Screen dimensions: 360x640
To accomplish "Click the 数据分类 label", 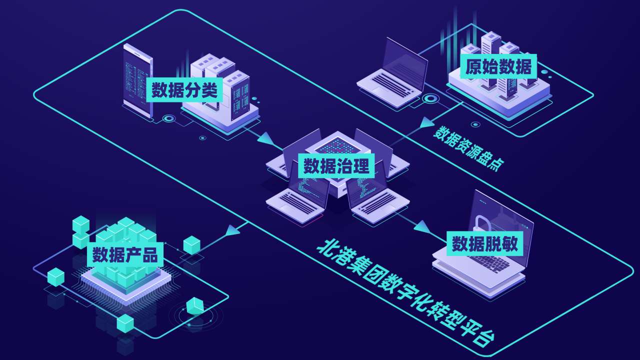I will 184,90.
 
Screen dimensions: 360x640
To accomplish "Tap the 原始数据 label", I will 498,66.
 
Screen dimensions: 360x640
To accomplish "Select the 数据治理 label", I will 336,165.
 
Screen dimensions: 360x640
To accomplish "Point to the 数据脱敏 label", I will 484,244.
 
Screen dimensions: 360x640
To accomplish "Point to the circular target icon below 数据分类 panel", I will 169,119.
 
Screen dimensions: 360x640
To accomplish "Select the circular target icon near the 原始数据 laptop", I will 429,98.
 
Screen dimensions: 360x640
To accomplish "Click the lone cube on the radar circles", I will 195,306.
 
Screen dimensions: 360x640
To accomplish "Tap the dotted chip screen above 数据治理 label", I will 336,145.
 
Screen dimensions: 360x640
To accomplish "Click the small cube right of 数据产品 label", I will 191,244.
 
